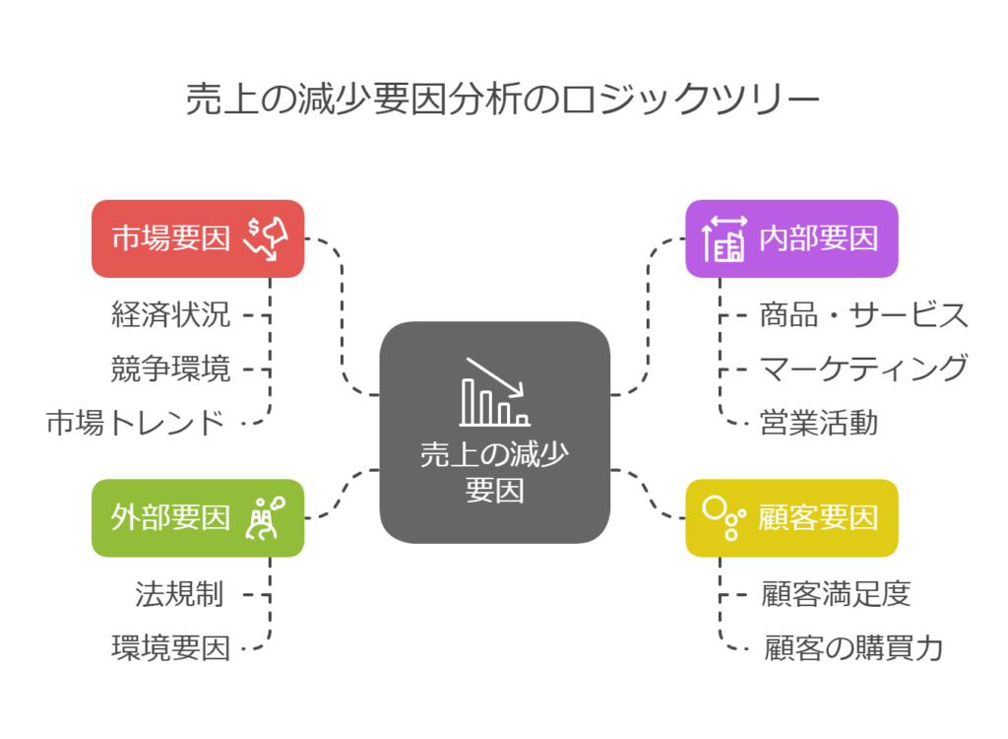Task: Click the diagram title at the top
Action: [x=503, y=101]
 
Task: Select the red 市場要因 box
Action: [x=198, y=238]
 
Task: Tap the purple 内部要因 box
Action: [x=791, y=238]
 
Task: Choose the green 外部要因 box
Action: [x=198, y=517]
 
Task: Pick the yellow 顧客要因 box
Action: [x=791, y=517]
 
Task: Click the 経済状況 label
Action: [x=170, y=315]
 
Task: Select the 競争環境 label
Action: [x=170, y=369]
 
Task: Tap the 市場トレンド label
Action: [x=136, y=424]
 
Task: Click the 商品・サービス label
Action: [x=863, y=315]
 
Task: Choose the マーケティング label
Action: [x=863, y=369]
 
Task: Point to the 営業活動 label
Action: [x=818, y=424]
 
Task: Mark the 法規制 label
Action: [x=179, y=594]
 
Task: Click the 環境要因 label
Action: [x=170, y=648]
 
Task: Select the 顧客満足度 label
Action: [x=836, y=594]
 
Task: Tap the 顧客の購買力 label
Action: [x=853, y=648]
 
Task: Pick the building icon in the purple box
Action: [x=724, y=238]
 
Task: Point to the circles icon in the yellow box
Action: [x=721, y=517]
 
